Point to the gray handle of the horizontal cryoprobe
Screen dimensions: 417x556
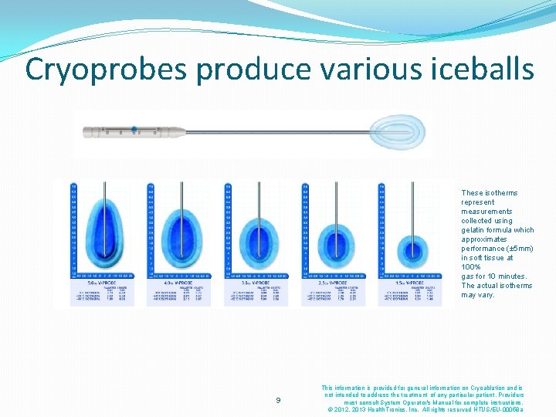pos(131,132)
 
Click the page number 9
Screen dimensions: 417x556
pos(279,400)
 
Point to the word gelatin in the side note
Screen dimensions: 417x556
pos(473,230)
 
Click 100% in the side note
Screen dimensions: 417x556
pos(471,267)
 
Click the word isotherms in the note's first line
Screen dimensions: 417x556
pos(500,193)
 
